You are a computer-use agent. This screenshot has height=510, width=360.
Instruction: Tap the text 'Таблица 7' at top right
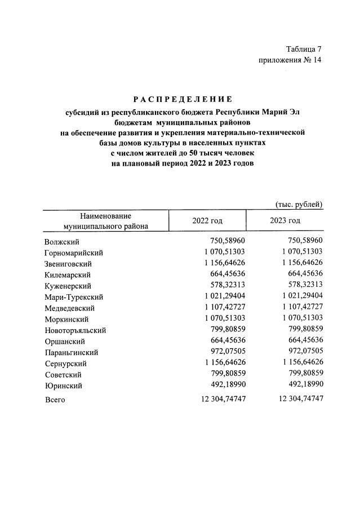point(303,50)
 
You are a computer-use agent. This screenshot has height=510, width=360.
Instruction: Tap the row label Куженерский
point(69,286)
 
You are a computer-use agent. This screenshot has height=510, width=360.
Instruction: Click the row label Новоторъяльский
point(75,330)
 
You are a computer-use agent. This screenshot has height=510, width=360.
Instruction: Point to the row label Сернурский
point(66,363)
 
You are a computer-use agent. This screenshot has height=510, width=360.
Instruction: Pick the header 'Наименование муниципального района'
point(106,221)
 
